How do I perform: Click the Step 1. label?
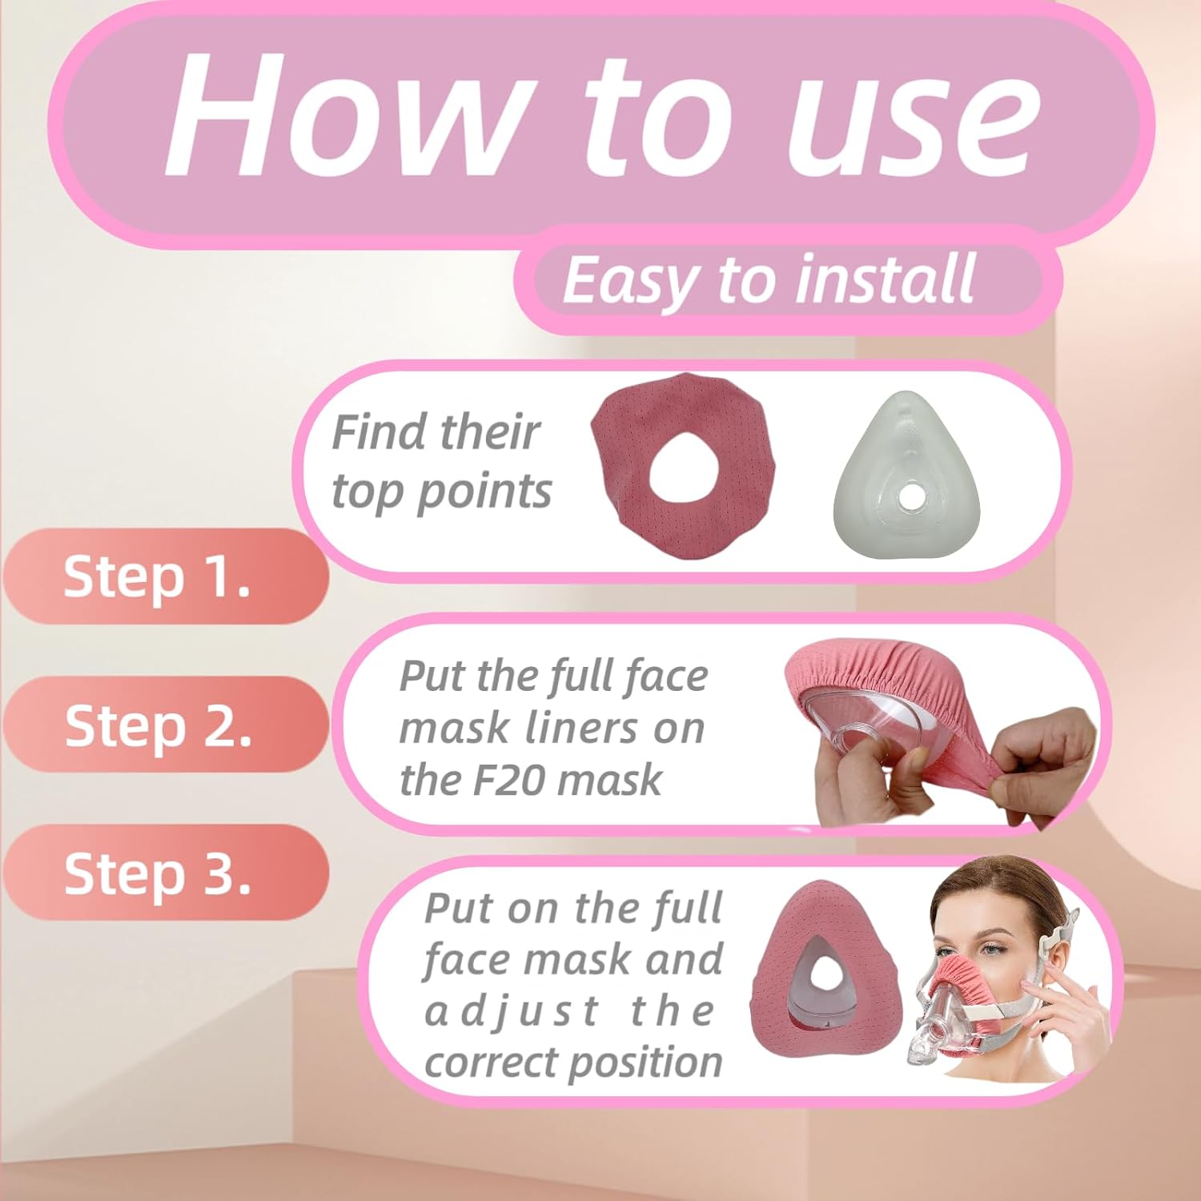(x=157, y=576)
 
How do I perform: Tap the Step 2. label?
(x=158, y=725)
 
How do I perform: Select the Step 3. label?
(x=158, y=873)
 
